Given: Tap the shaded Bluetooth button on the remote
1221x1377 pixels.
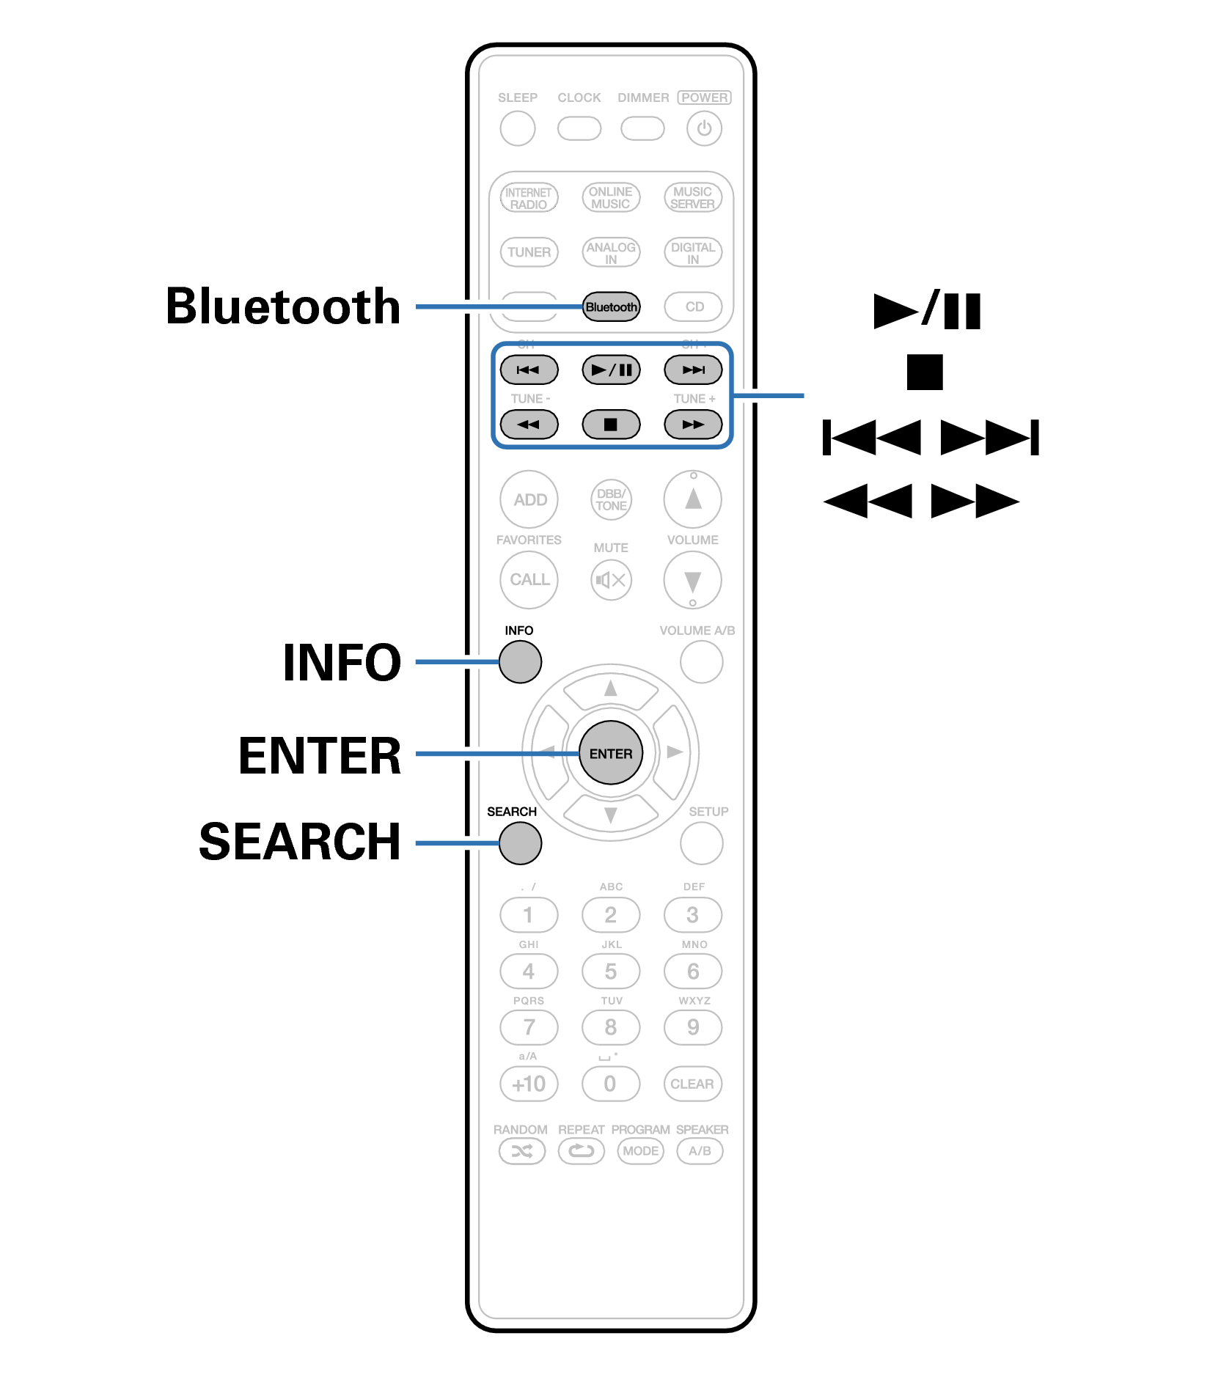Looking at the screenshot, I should point(611,306).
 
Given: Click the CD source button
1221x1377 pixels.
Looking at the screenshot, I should point(693,306).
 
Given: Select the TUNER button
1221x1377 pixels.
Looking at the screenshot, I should point(529,251).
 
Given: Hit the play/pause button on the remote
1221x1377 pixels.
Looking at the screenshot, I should point(611,370).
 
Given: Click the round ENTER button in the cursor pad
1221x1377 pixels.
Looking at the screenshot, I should point(610,753).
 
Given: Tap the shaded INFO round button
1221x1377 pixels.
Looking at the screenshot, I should point(520,661).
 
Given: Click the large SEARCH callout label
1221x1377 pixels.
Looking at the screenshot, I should point(300,841).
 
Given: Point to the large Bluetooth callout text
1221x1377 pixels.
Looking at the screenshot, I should point(283,306).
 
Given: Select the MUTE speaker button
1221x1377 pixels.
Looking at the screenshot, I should point(611,580).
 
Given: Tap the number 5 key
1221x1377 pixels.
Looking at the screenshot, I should point(611,972).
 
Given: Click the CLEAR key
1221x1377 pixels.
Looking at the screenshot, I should point(692,1084).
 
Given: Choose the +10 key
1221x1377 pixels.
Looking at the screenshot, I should point(529,1084).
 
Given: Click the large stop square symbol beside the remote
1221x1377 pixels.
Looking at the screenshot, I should point(924,372).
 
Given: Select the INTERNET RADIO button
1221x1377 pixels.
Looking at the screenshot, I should point(529,198).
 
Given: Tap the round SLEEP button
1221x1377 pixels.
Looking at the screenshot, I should point(518,128).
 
